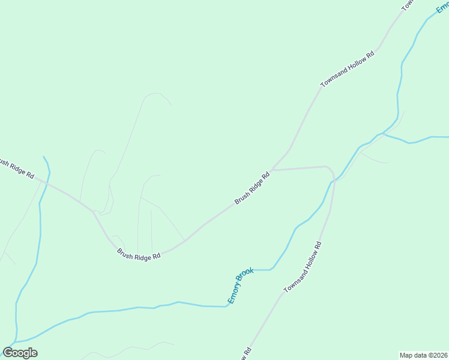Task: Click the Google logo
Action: (20, 353)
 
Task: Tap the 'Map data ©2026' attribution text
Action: (424, 355)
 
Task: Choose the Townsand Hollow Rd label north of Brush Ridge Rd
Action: (348, 70)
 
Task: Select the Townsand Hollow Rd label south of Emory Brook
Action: (303, 267)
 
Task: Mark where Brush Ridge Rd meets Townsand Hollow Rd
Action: (273, 170)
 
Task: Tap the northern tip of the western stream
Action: (44, 157)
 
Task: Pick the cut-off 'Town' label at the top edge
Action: (408, 5)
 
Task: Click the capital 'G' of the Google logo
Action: (8, 352)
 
